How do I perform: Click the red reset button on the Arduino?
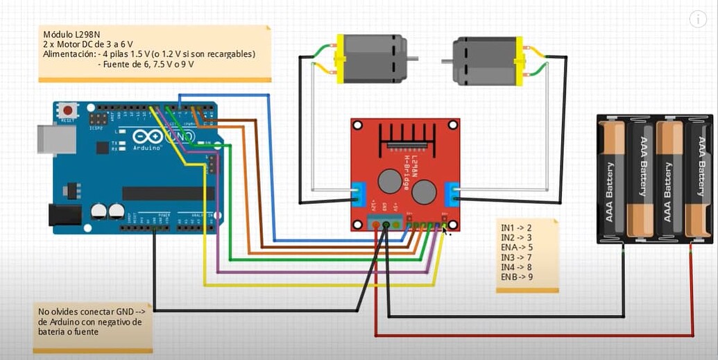pos(67,110)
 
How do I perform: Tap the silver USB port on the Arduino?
pos(55,139)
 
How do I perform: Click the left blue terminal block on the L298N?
pos(359,194)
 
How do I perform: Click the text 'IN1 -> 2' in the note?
pos(516,228)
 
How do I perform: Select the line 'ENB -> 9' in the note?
pos(517,277)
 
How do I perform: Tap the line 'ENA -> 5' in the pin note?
pos(517,247)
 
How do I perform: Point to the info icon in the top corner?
pos(698,19)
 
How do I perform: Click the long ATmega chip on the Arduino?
pos(163,194)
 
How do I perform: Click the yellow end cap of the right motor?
pos(518,61)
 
